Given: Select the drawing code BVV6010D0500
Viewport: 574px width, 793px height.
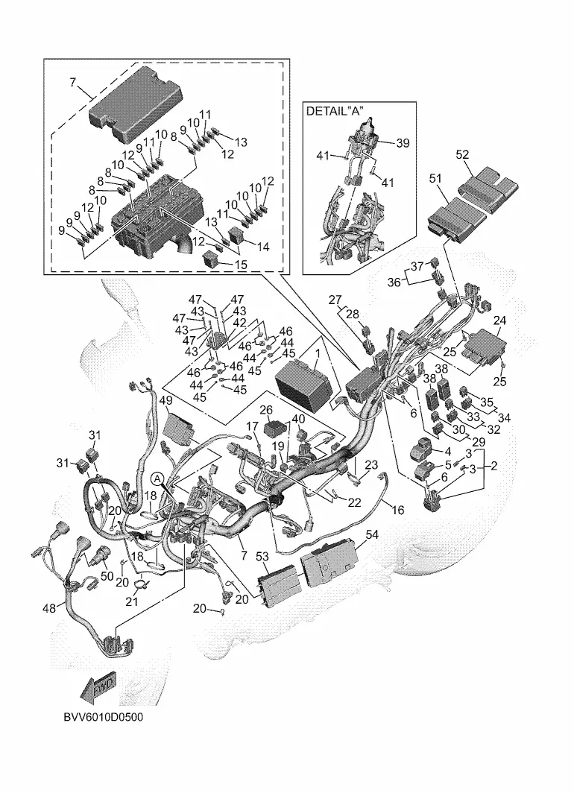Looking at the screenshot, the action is click(x=103, y=717).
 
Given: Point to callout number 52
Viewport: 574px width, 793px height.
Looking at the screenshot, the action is click(x=462, y=155).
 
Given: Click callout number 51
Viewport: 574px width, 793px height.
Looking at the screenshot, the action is click(x=435, y=178).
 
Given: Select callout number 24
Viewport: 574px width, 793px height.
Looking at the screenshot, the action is click(x=499, y=320).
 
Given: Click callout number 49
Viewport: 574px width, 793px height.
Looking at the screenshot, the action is click(x=166, y=400).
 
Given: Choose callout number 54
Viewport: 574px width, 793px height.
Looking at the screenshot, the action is click(x=372, y=534).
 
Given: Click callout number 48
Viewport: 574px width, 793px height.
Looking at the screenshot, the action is click(x=49, y=609).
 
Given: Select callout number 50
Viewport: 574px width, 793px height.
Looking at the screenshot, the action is click(x=107, y=576).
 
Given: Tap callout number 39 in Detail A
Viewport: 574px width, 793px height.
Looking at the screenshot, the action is click(x=403, y=143).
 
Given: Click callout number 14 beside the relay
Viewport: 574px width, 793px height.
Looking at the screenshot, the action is click(x=263, y=247).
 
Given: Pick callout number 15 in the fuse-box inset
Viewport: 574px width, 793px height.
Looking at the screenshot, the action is click(x=242, y=265).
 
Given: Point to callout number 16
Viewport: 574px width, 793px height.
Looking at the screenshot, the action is click(x=398, y=510).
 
